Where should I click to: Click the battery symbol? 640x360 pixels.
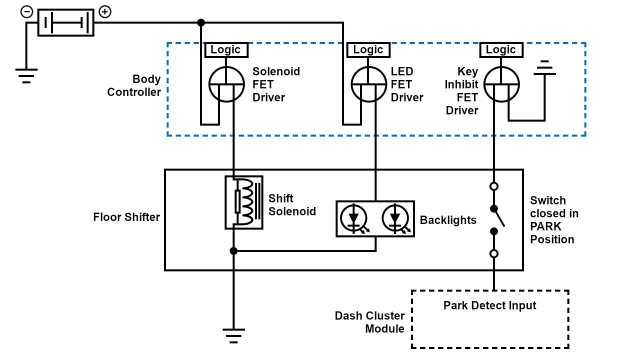(65, 22)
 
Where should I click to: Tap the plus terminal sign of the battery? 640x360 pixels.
(105, 11)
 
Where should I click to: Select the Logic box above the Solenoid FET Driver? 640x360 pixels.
(225, 49)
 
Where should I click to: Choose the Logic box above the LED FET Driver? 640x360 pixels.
(368, 49)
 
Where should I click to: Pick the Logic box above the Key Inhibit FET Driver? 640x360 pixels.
(500, 49)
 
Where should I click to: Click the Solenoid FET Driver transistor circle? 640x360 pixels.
(226, 84)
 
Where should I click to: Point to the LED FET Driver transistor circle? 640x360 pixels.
(369, 84)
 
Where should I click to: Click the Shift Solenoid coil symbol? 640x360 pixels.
(244, 202)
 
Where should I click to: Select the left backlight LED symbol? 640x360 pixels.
(354, 218)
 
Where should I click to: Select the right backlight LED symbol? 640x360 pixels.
(395, 218)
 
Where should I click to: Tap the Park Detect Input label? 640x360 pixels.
(489, 305)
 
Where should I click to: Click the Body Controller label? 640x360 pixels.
(134, 85)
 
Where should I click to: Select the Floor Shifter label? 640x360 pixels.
(126, 217)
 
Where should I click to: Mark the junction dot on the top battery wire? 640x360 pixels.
(201, 22)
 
